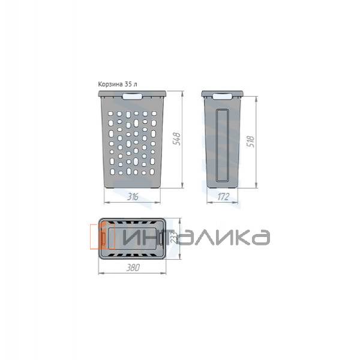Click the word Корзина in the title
(x=111, y=85)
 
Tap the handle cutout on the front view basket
(x=133, y=95)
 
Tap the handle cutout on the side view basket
(x=222, y=95)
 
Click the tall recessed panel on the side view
(x=221, y=144)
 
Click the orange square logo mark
(x=102, y=236)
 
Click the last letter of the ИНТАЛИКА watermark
(x=259, y=237)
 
